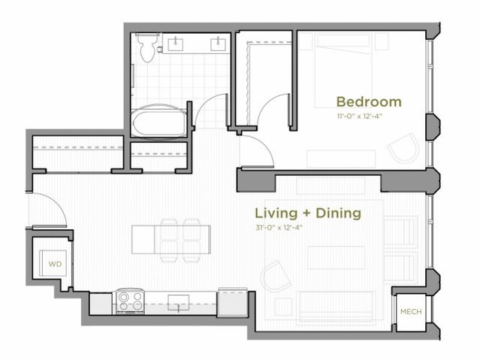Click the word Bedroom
click(x=368, y=101)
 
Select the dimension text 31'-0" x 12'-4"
click(x=285, y=227)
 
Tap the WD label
click(x=54, y=265)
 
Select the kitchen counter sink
click(x=178, y=302)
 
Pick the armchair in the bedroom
click(x=404, y=147)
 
